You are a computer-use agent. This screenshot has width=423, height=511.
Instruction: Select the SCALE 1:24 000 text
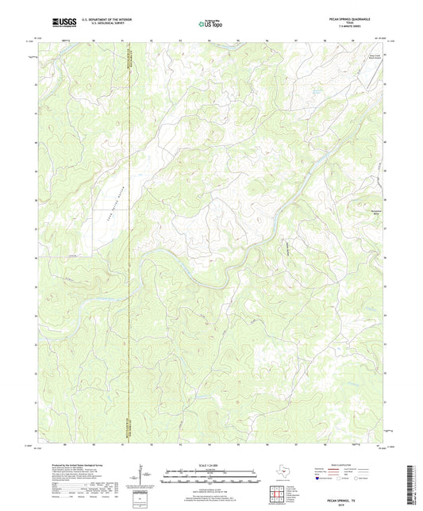pyautogui.click(x=211, y=465)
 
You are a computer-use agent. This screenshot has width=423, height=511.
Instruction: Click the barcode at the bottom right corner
pyautogui.click(x=410, y=484)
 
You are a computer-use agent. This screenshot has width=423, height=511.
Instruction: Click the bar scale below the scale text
pyautogui.click(x=211, y=476)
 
